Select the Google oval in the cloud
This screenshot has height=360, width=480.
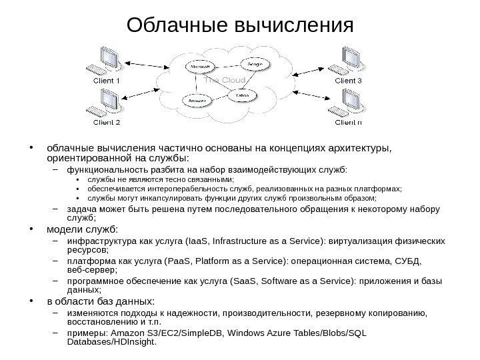coord(255,65)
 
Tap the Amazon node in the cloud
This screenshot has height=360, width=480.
coord(197,100)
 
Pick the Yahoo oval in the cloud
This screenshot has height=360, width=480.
coord(241,96)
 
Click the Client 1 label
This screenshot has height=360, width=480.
coord(106,81)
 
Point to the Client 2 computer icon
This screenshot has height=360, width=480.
coord(106,103)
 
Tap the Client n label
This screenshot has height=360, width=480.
coord(348,123)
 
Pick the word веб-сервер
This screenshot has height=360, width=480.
coord(92,271)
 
